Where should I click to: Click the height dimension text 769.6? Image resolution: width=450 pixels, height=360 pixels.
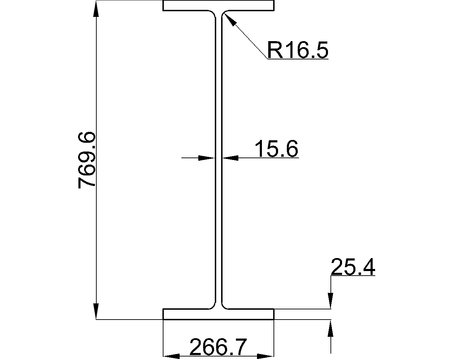tap(86, 160)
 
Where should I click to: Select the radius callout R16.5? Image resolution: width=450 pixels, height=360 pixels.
tap(298, 50)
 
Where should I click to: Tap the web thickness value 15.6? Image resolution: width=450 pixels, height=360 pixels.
tap(276, 148)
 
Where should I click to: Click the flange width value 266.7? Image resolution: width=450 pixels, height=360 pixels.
tap(218, 347)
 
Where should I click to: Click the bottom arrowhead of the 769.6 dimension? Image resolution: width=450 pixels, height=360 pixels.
tap(96, 311)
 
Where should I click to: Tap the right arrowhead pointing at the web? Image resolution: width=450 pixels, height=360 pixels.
tap(230, 158)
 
